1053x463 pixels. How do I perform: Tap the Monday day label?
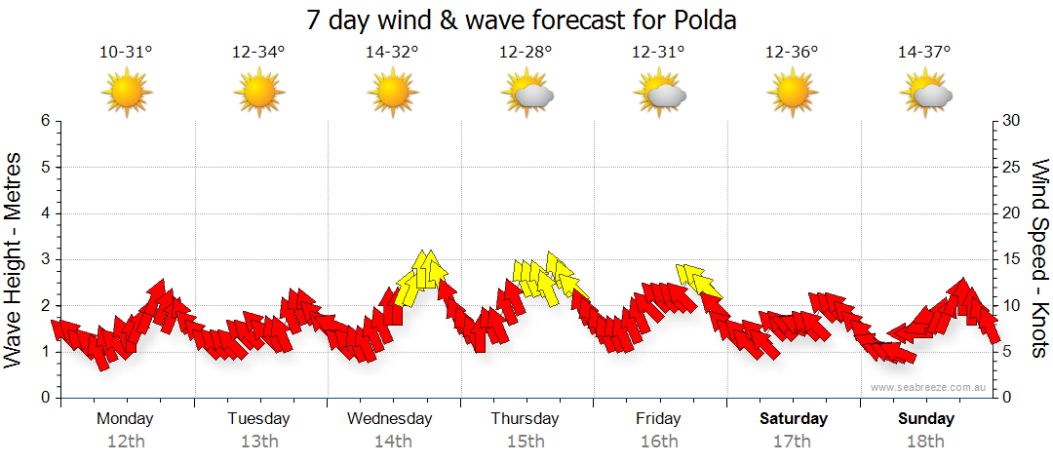[125, 419]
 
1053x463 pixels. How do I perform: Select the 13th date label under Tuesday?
[258, 441]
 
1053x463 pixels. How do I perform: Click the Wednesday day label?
[389, 419]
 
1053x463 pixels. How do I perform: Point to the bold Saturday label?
[794, 419]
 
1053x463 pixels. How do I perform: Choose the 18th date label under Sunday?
[926, 441]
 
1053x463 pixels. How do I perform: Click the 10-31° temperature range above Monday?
[126, 53]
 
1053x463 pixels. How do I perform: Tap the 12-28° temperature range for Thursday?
[526, 53]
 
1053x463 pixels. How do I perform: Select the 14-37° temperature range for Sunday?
[924, 53]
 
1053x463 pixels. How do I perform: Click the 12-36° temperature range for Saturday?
[792, 53]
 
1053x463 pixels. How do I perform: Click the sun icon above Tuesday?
[259, 94]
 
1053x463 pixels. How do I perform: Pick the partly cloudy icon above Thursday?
[527, 94]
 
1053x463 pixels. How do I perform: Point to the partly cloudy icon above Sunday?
[926, 94]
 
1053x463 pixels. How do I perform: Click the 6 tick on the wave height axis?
[44, 121]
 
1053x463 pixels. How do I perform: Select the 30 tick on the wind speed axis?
[1012, 121]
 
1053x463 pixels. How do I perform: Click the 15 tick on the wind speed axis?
[1011, 259]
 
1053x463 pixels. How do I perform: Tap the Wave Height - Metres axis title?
[14, 259]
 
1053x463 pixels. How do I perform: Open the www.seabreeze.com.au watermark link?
[929, 387]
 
